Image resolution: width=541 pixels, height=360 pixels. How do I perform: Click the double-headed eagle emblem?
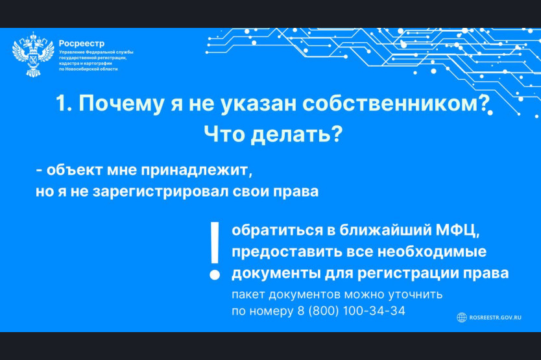coord(33,54)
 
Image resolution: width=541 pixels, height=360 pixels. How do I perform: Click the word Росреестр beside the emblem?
coord(82,43)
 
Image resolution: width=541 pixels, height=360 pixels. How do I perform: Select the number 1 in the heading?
coord(61,103)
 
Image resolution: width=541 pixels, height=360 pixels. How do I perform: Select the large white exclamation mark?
coord(215,250)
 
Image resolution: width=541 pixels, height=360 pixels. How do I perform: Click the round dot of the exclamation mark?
coord(215,274)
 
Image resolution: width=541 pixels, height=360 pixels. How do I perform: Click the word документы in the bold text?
coord(276,274)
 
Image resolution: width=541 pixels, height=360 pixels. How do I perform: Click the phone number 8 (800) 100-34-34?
coord(351,311)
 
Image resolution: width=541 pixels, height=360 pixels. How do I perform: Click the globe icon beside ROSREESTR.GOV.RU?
coord(462,318)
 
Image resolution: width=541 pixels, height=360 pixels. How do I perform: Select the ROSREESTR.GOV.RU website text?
coord(495,318)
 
